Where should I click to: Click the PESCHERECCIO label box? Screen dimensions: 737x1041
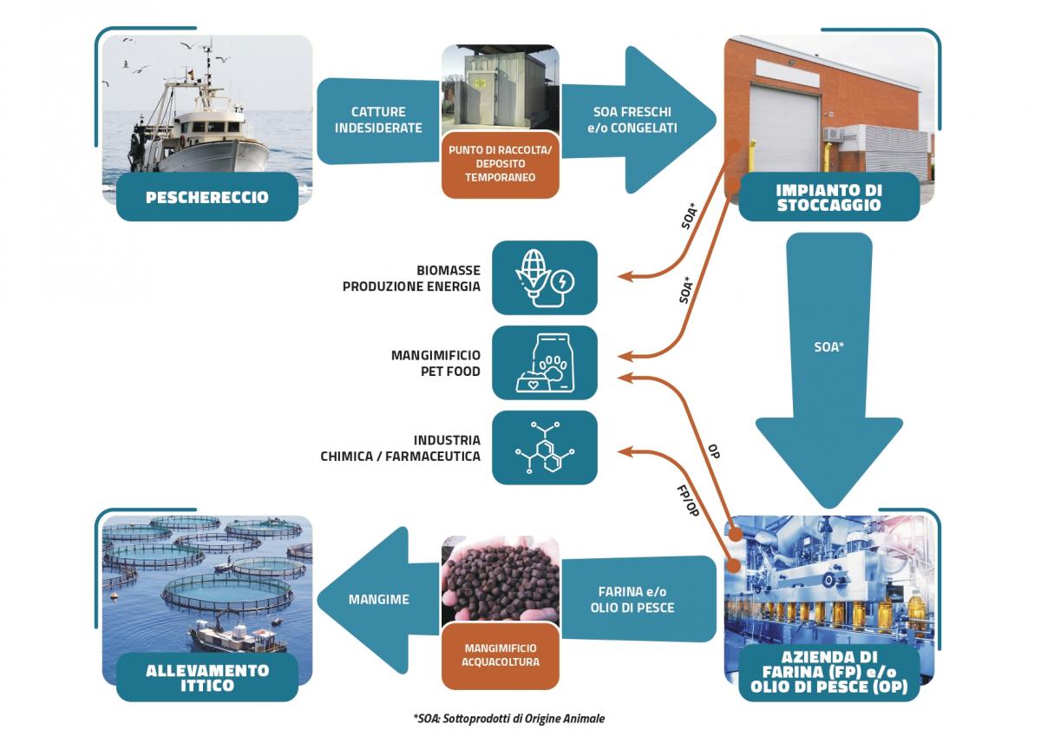click(x=206, y=197)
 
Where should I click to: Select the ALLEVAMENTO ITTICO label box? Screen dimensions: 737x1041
click(x=207, y=678)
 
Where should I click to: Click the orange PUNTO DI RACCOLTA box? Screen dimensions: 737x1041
click(x=500, y=163)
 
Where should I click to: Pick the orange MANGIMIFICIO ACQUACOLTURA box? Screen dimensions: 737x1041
click(x=501, y=655)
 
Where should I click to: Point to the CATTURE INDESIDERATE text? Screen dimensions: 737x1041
click(x=378, y=120)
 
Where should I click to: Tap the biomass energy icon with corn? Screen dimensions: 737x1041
click(x=545, y=278)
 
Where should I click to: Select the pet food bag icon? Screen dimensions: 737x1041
click(x=545, y=362)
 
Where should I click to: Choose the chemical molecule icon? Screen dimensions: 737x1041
click(x=545, y=447)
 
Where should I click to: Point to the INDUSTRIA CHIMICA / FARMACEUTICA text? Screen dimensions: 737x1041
click(x=400, y=448)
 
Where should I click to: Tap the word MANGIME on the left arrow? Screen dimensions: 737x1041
click(x=378, y=599)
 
